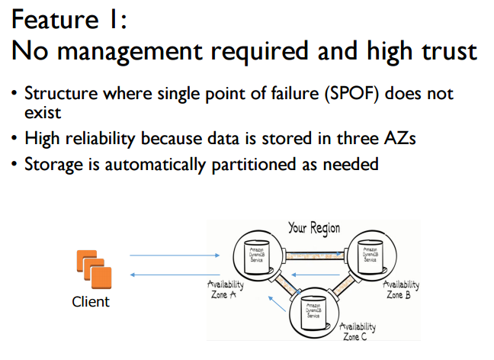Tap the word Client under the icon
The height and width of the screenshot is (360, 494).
91,301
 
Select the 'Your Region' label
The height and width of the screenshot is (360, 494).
313,227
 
